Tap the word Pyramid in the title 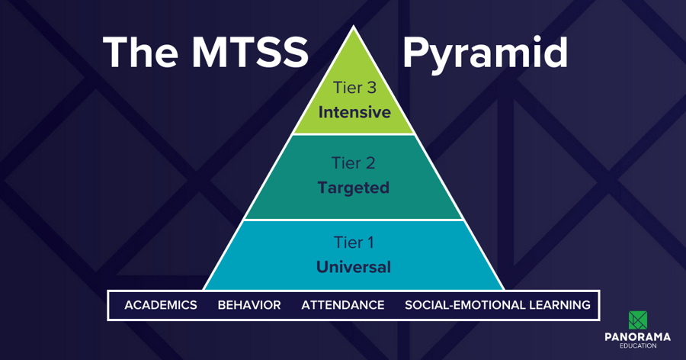click(x=485, y=53)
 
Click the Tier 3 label click(x=354, y=88)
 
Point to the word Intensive click(x=354, y=112)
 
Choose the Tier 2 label click(x=354, y=162)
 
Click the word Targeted click(x=354, y=187)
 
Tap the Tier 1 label click(x=354, y=243)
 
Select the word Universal click(x=354, y=267)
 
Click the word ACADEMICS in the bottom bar click(x=161, y=305)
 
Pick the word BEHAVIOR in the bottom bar click(x=249, y=305)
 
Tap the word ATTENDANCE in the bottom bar click(x=343, y=305)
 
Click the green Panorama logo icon click(x=638, y=320)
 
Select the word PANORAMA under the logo click(x=638, y=337)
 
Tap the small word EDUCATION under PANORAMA click(x=638, y=346)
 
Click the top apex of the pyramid click(x=354, y=27)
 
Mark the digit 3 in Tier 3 click(x=372, y=88)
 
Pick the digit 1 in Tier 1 click(x=370, y=243)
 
